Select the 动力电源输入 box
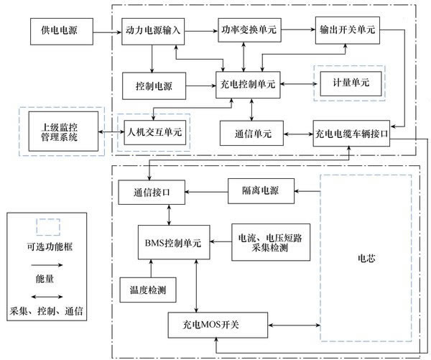[x=152, y=33]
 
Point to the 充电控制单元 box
[x=248, y=84]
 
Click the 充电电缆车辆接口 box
[x=352, y=134]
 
